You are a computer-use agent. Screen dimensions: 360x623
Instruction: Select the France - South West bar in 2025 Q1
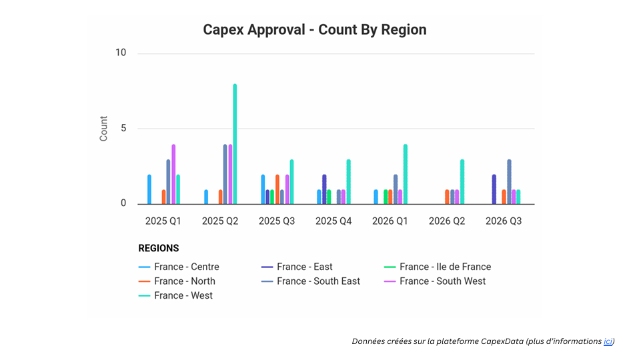point(173,174)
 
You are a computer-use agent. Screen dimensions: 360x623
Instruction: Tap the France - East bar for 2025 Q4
point(324,189)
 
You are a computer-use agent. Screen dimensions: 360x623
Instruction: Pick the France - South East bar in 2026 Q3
point(509,181)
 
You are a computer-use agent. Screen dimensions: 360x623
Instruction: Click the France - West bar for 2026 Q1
point(406,174)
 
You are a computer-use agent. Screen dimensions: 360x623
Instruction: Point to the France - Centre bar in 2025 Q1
point(149,189)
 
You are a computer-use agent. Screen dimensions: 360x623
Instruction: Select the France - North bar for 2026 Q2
point(447,197)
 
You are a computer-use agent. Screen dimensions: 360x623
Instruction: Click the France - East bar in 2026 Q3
point(494,189)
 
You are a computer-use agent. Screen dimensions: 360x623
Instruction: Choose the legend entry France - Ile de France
point(445,267)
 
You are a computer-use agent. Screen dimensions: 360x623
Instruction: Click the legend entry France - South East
point(318,281)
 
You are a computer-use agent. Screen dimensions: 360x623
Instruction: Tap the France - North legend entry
point(184,281)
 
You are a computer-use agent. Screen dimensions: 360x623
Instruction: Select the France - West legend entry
point(183,295)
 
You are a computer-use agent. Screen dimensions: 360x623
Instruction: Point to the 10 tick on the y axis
point(121,53)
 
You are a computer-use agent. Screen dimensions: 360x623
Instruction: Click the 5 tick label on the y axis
point(123,129)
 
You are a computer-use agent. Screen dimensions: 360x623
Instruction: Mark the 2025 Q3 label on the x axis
point(277,221)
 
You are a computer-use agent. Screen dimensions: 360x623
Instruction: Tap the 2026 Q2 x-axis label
point(447,221)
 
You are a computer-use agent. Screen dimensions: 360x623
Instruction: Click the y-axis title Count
point(103,129)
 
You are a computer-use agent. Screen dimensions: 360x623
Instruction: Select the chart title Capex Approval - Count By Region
point(314,30)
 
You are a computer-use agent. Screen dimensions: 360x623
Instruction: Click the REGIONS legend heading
point(159,248)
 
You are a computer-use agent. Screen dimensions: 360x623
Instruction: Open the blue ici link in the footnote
point(608,341)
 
